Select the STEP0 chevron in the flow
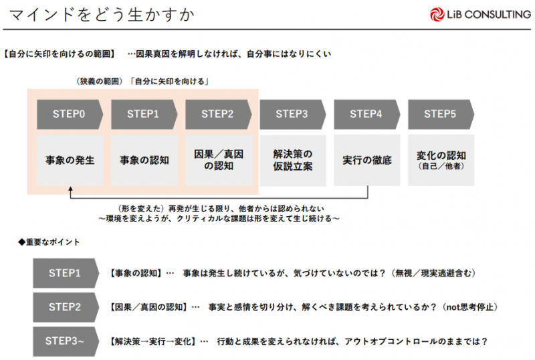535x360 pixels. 70,114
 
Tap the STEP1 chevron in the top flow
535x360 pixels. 144,114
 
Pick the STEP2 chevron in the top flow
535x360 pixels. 218,114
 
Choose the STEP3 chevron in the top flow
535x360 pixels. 292,114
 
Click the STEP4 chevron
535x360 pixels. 366,114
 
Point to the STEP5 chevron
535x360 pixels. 441,114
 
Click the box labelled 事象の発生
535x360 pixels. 70,161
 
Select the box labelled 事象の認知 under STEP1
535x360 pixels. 144,161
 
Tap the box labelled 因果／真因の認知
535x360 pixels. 218,161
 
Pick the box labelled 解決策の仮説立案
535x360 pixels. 292,161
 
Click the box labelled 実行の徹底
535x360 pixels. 366,161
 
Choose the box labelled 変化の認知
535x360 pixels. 441,161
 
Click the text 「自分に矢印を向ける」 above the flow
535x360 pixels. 171,82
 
